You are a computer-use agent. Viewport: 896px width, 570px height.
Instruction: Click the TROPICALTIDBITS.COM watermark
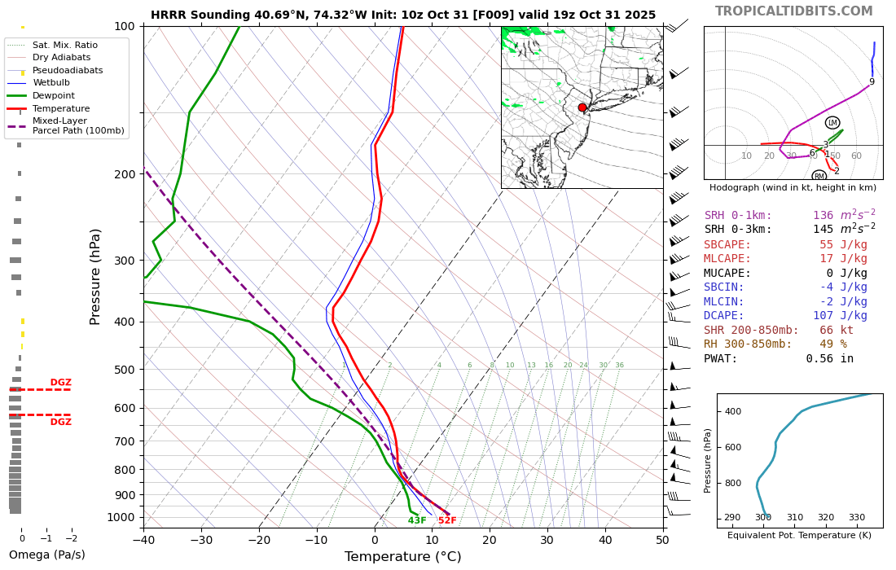[x=793, y=11]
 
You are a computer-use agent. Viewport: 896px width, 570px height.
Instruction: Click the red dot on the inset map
[x=582, y=107]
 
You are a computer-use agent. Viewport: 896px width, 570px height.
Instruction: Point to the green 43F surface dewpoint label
[x=417, y=520]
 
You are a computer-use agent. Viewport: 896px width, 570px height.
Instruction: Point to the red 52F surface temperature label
[x=447, y=520]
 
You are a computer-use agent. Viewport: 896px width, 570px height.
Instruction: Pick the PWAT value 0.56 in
[x=829, y=358]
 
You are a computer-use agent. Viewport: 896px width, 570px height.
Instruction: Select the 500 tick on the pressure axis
[x=124, y=370]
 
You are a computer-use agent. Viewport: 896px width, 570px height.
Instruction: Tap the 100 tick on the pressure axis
[x=124, y=26]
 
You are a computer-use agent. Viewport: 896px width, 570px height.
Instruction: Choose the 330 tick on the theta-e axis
[x=856, y=518]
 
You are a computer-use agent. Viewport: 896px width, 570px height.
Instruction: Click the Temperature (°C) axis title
[x=402, y=557]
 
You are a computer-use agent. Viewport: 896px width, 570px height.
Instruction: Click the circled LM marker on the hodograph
[x=832, y=123]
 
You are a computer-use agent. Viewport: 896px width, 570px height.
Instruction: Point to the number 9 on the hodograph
[x=872, y=82]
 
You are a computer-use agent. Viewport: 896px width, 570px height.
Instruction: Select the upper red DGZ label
[x=60, y=383]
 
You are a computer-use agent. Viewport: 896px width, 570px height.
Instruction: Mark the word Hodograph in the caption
[x=738, y=188]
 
